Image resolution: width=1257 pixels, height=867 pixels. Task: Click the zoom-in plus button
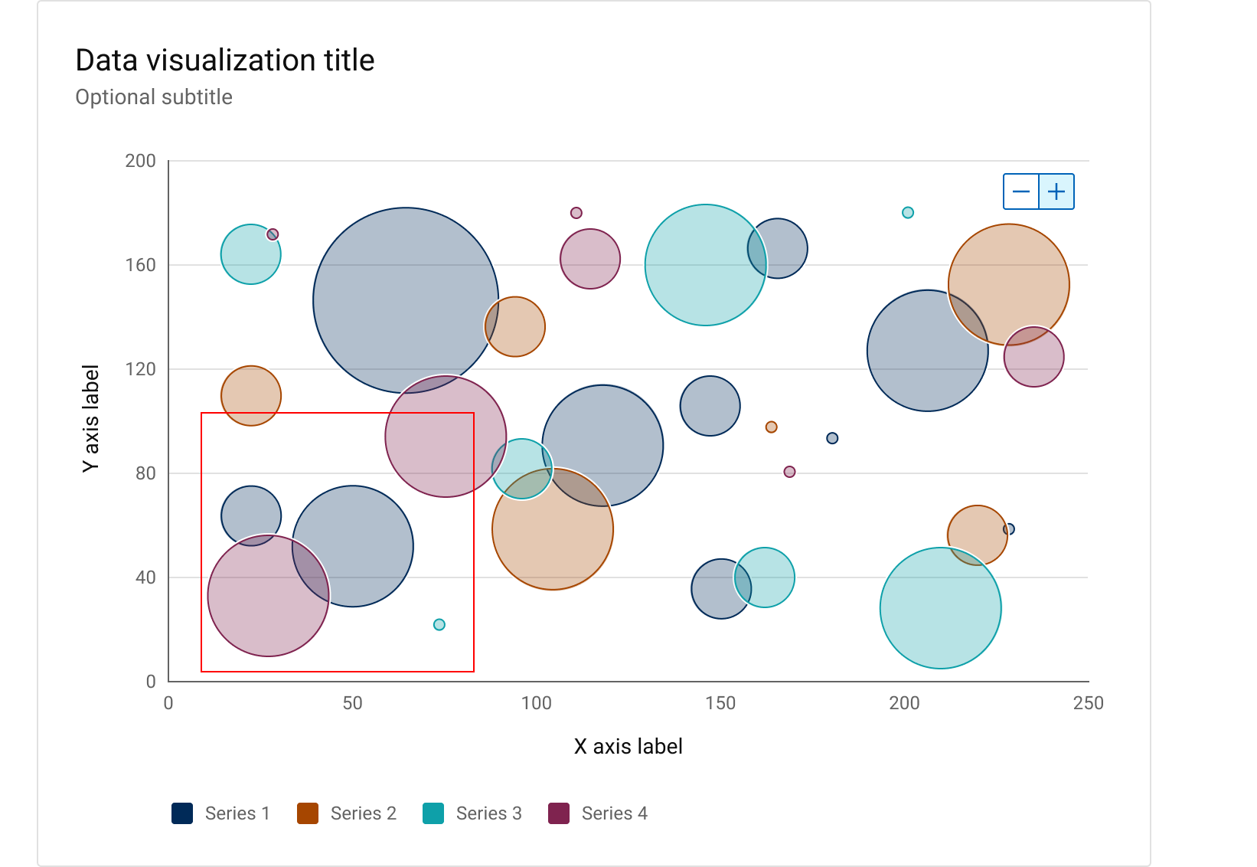[x=1056, y=191]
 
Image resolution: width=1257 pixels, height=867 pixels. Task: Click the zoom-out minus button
[x=1021, y=191]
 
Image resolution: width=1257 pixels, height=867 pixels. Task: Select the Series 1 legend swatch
[x=182, y=813]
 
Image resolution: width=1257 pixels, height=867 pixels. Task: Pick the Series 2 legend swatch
[x=308, y=813]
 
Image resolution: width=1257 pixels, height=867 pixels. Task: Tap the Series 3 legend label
[x=488, y=813]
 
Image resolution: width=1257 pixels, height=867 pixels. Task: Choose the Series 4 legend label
[x=614, y=813]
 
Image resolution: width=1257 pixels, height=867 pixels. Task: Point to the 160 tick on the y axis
[x=140, y=265]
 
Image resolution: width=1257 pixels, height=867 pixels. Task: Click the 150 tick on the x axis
[x=720, y=703]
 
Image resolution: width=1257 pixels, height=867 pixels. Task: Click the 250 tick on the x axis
[x=1088, y=703]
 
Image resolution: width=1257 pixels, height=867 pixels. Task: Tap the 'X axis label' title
[x=628, y=746]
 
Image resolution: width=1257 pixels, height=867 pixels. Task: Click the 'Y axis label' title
[x=90, y=418]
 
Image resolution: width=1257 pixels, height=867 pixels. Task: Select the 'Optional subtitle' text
[x=154, y=97]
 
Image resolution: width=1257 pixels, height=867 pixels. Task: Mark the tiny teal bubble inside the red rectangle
[x=439, y=625]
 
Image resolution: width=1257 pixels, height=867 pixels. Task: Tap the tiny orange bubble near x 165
[x=772, y=427]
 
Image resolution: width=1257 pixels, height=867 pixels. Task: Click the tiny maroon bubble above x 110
[x=576, y=213]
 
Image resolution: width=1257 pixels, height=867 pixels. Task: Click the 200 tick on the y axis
[x=140, y=161]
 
